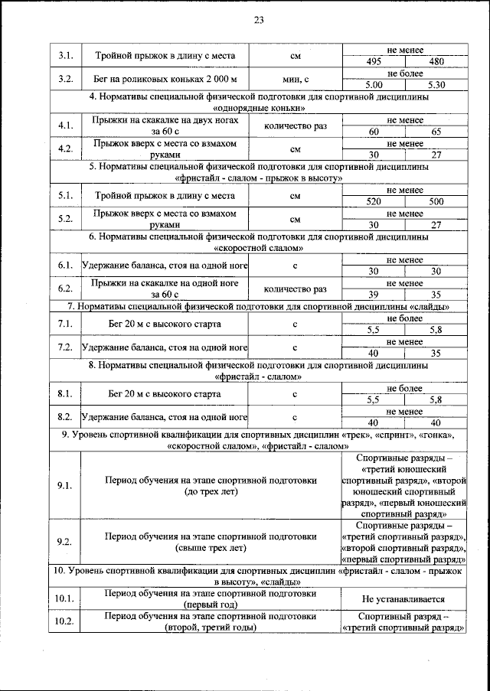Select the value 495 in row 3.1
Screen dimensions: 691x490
click(x=374, y=61)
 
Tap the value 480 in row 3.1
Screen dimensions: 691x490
click(x=436, y=61)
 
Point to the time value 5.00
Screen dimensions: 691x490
click(x=374, y=85)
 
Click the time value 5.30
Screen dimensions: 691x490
click(x=436, y=85)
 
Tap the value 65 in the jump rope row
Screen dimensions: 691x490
click(x=436, y=132)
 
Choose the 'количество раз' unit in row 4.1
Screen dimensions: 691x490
click(x=295, y=126)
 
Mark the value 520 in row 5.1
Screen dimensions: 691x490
click(x=374, y=201)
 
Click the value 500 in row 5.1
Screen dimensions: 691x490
click(x=436, y=201)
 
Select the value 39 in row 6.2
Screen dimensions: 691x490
click(x=374, y=295)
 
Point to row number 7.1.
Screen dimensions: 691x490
click(x=65, y=324)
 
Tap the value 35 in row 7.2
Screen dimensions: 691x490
click(x=436, y=353)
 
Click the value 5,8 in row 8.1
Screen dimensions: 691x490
click(x=436, y=399)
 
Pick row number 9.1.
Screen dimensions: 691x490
click(x=65, y=485)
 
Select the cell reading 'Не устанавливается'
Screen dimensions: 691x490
click(x=404, y=598)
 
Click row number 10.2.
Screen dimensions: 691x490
click(x=65, y=621)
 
